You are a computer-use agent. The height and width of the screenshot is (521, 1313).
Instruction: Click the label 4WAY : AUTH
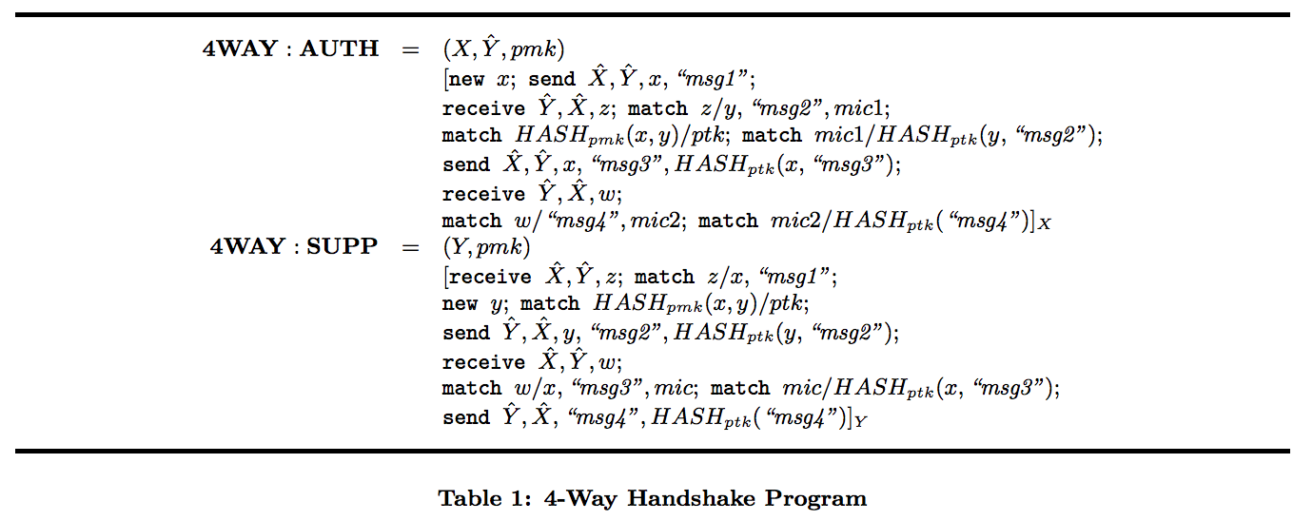290,49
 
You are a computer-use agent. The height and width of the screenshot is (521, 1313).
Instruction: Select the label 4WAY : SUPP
294,247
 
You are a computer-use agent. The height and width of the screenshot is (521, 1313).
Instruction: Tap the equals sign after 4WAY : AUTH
409,49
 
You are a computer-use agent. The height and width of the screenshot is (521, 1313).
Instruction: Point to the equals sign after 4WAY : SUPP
409,247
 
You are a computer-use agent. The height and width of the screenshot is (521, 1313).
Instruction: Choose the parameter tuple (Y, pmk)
486,247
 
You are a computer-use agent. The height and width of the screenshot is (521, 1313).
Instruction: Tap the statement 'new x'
480,80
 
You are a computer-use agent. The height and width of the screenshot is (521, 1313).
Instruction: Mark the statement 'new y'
474,304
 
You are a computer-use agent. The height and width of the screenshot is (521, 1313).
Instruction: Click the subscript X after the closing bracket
1045,225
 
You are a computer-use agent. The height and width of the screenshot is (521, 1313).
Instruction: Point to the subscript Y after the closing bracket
860,422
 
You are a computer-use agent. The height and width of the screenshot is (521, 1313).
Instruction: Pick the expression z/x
722,277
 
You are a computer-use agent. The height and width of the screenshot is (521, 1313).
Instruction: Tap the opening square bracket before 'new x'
445,80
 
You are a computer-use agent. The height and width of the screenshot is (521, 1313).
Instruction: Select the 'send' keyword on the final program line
466,417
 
